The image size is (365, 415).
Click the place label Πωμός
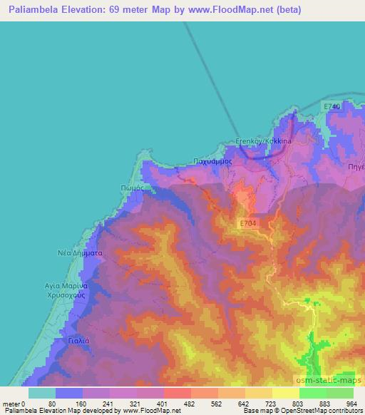pos(132,188)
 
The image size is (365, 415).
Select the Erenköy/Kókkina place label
pos(263,141)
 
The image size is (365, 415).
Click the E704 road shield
pos(247,224)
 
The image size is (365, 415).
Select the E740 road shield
pos(331,106)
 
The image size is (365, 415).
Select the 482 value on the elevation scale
pos(176,404)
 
